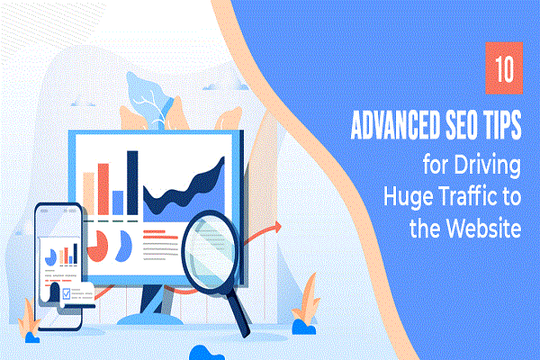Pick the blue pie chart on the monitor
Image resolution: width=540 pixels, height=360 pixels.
(x=124, y=241)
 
